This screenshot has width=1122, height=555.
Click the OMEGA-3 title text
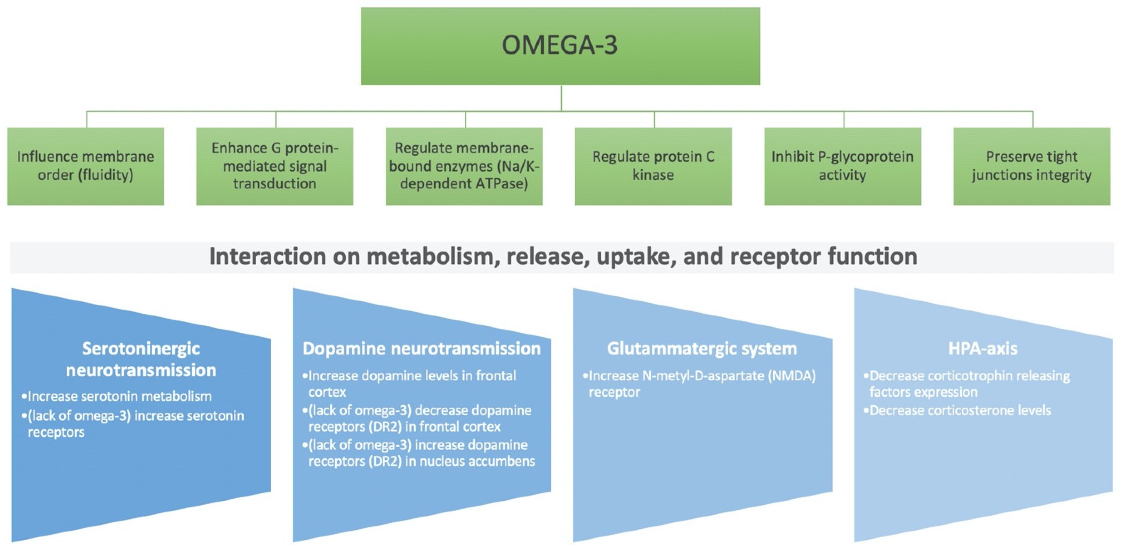(560, 45)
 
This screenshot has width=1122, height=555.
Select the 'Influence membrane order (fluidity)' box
(85, 166)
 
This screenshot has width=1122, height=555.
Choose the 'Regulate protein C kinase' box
(653, 166)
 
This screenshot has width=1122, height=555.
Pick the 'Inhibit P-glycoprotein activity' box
(842, 166)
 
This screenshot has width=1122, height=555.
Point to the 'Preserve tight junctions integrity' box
(1031, 166)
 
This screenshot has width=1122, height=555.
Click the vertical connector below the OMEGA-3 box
(561, 98)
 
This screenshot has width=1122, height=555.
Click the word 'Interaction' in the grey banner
(267, 256)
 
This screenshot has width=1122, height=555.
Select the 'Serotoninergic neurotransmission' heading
(141, 359)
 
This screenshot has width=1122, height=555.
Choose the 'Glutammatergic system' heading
(702, 348)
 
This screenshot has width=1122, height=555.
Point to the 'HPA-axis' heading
(983, 348)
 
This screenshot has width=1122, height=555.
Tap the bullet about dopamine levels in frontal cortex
(412, 384)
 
